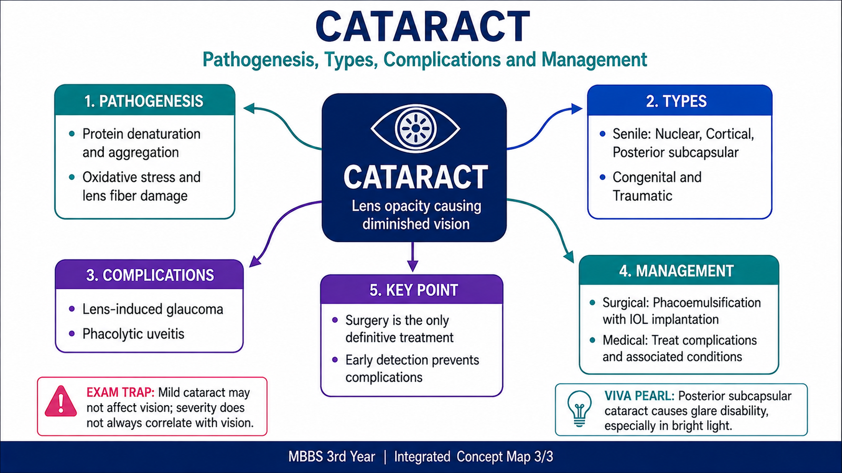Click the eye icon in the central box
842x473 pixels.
pyautogui.click(x=415, y=128)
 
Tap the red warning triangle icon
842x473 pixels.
pyautogui.click(x=61, y=402)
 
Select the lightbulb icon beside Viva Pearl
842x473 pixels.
pyautogui.click(x=579, y=408)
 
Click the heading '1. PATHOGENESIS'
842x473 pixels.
pyautogui.click(x=144, y=101)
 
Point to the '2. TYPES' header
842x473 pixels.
pyautogui.click(x=676, y=101)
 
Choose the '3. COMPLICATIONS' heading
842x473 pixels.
pyautogui.click(x=150, y=275)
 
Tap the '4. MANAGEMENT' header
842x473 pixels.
pyautogui.click(x=676, y=271)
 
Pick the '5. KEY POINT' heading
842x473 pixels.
pyautogui.click(x=414, y=290)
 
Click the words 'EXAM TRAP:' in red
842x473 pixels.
pyautogui.click(x=121, y=393)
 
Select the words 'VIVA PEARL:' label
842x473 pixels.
pyautogui.click(x=639, y=396)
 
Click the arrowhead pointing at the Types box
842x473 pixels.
pyautogui.click(x=577, y=109)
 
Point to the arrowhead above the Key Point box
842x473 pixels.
pyautogui.click(x=413, y=266)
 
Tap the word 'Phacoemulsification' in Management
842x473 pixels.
pyautogui.click(x=707, y=303)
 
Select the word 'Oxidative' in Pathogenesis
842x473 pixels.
pyautogui.click(x=109, y=177)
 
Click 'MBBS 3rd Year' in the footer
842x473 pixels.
pyautogui.click(x=332, y=457)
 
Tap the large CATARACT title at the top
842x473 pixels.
pyautogui.click(x=423, y=26)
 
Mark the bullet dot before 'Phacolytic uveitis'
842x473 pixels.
pyautogui.click(x=72, y=333)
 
